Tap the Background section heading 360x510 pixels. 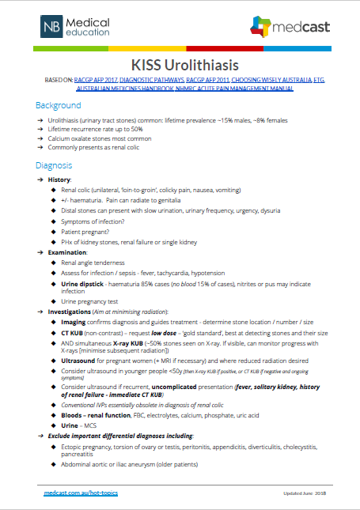point(58,105)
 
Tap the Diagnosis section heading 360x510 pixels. point(54,166)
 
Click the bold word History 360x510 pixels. point(59,180)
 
